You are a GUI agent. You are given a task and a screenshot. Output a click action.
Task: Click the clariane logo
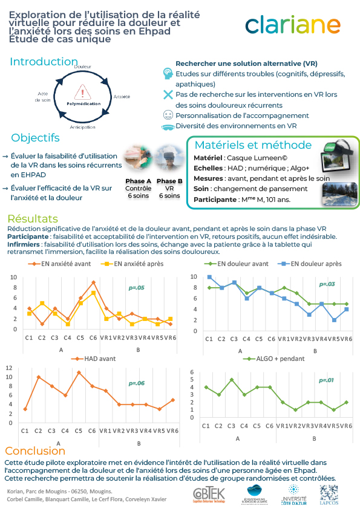[293, 25]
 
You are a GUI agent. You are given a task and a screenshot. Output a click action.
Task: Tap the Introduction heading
[44, 62]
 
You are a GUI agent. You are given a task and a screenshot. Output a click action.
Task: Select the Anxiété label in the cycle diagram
[122, 97]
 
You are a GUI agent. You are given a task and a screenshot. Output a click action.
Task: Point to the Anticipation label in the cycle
[82, 128]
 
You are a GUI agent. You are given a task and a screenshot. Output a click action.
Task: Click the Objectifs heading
[36, 138]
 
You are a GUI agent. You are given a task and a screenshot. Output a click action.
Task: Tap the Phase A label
[138, 181]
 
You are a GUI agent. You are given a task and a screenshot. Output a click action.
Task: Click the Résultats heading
[33, 219]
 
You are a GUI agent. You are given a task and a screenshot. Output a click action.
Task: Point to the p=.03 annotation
[327, 284]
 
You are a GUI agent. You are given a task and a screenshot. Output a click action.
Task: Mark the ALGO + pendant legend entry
[270, 358]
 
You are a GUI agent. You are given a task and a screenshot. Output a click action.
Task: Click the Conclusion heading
[35, 451]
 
